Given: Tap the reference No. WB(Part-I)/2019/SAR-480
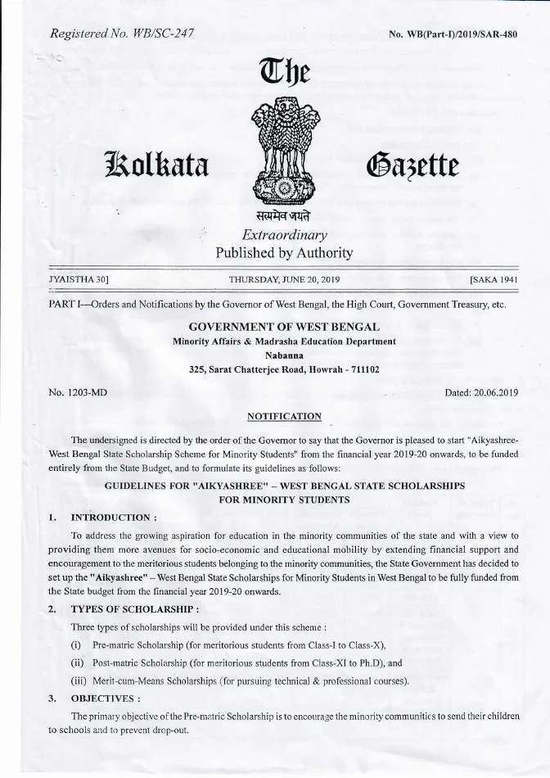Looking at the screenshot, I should [453, 34].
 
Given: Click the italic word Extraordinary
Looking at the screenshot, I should [283, 235].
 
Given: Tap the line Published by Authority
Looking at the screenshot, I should [283, 253].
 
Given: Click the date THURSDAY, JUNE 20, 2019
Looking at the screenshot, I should [283, 279].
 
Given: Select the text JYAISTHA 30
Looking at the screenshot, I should [79, 279].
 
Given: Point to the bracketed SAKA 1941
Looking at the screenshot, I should [494, 279].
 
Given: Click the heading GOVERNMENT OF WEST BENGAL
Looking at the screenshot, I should [283, 327].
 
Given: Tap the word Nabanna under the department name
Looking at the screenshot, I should [284, 355].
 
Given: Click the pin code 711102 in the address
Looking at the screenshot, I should [363, 369].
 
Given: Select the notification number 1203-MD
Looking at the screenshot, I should [88, 392].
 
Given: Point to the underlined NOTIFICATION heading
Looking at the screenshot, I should [284, 416].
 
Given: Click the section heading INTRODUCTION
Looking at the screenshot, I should [114, 518].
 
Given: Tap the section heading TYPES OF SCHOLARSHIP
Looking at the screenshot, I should [135, 609].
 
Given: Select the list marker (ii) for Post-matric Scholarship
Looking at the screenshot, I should [79, 663].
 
